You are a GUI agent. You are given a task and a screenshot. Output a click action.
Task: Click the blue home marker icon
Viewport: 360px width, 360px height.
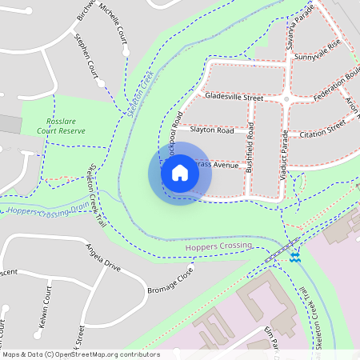pos(180,173)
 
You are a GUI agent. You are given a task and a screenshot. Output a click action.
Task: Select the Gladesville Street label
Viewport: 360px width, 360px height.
pos(234,97)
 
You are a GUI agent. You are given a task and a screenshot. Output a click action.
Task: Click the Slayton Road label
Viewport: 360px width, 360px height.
pos(211,130)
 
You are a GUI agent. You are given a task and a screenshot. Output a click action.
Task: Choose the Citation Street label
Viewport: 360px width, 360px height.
pos(322,128)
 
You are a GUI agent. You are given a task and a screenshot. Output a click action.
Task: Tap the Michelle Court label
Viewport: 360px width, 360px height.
pos(113,22)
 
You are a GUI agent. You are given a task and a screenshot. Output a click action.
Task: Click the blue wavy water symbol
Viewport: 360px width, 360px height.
pos(295,258)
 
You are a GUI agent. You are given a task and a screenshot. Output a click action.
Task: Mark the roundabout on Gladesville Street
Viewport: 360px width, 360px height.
pos(286,99)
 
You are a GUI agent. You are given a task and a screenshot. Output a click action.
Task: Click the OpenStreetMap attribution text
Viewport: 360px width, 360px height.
pos(80,354)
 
